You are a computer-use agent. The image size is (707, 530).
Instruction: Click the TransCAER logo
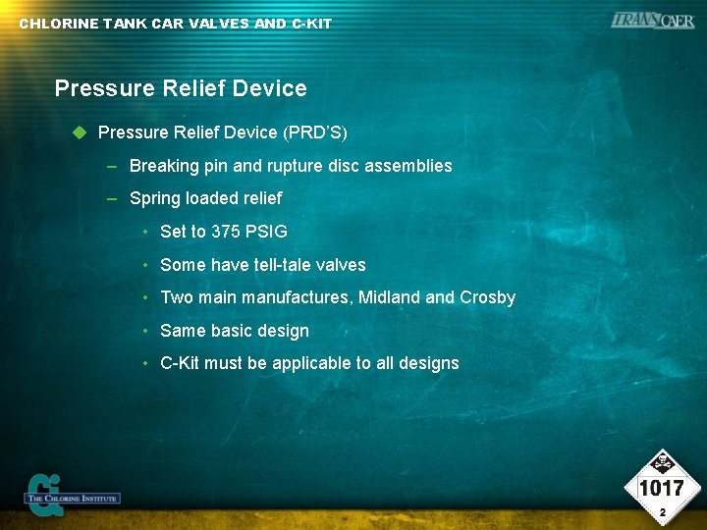pos(651,20)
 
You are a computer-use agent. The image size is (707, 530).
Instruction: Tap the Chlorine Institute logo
pos(71,494)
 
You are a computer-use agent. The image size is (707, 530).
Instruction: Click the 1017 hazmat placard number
pos(662,488)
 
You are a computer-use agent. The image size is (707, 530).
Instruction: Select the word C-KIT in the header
pos(312,24)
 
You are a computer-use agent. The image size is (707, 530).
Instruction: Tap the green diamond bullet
pos(81,132)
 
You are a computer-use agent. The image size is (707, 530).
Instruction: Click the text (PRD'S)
pos(314,132)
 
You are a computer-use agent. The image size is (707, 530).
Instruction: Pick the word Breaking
pos(163,166)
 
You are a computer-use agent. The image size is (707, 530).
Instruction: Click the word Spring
pos(154,198)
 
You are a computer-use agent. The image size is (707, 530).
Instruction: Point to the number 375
pos(227,232)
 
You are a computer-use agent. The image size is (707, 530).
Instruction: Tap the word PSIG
pos(267,232)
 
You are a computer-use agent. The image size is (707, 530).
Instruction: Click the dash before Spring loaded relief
pos(113,198)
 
